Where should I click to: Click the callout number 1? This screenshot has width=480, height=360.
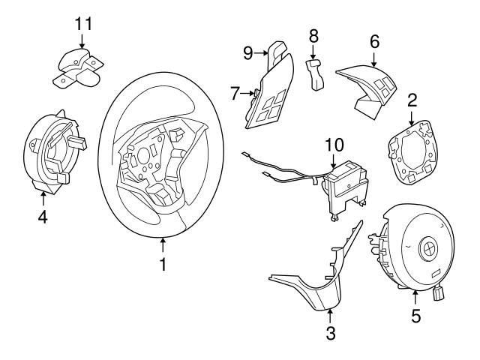[163, 265]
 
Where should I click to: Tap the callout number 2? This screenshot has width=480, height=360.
[412, 100]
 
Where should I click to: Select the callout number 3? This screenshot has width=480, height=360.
[330, 330]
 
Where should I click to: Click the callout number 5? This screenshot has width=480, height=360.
[415, 315]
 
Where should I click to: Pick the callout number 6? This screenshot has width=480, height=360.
[373, 42]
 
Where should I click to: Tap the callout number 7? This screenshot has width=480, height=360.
[235, 93]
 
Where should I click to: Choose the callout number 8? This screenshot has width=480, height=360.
[313, 34]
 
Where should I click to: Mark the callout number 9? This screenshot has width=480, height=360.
[247, 52]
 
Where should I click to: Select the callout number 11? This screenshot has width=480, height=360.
[82, 22]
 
